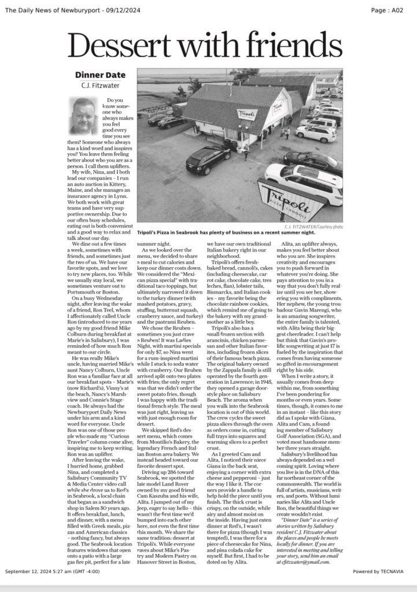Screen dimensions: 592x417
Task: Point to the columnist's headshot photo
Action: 84,116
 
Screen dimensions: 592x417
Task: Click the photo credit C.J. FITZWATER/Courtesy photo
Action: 313,227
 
